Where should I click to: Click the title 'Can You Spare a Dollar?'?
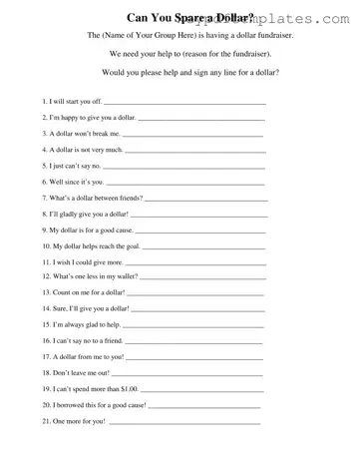pos(189,18)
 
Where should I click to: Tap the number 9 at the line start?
pos(45,230)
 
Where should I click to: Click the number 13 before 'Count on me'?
pos(46,292)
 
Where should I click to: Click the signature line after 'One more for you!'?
pos(184,424)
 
